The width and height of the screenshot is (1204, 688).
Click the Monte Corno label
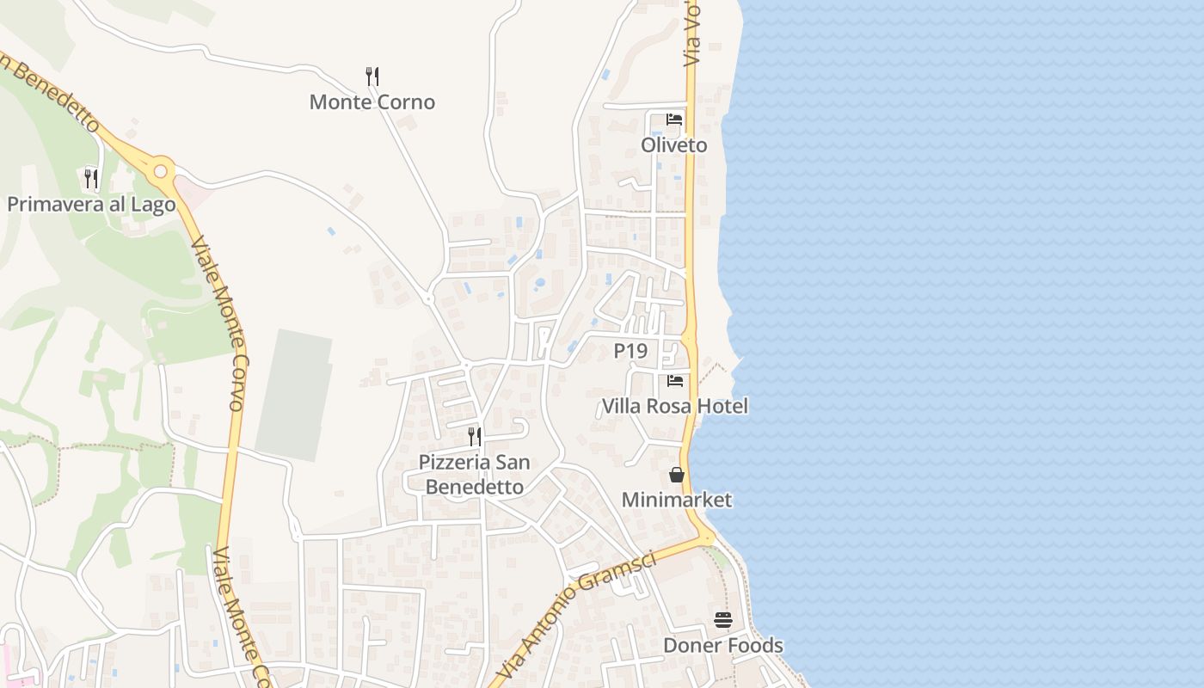[372, 102]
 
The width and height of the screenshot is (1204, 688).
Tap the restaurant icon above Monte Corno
[372, 76]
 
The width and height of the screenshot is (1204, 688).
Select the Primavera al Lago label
[91, 205]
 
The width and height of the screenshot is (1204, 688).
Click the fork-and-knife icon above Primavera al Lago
[90, 178]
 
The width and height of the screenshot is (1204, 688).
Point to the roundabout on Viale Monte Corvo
[160, 171]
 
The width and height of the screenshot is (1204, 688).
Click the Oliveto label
[673, 145]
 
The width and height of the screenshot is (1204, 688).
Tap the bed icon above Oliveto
[674, 120]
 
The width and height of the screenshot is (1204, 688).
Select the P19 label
[630, 351]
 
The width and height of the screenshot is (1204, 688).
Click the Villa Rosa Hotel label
[674, 406]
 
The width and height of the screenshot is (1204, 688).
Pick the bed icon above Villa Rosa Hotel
[675, 380]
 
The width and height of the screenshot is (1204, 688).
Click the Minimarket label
[676, 500]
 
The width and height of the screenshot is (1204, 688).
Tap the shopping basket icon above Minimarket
[677, 475]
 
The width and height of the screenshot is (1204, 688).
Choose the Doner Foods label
[722, 645]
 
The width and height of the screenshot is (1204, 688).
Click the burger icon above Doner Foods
[722, 620]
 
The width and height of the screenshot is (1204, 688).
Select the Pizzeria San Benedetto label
[474, 474]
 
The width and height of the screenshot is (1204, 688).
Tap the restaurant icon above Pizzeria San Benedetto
[474, 436]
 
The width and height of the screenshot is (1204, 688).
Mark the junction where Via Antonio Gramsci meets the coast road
[706, 537]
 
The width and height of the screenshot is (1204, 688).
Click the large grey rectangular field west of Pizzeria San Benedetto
[293, 394]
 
